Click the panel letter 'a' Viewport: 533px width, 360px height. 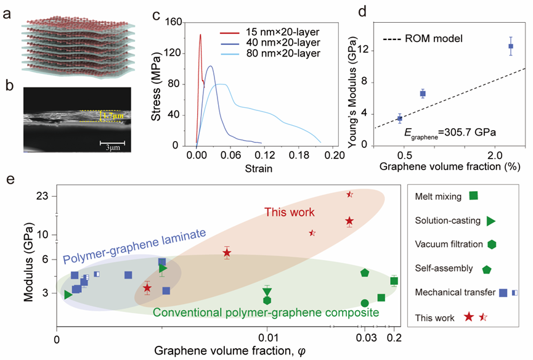click(7, 15)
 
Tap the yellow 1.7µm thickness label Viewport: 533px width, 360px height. click(114, 116)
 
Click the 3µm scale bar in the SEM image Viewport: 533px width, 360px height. click(112, 143)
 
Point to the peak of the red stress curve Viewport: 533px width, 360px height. click(200, 35)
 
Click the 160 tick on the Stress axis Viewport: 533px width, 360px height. click(173, 22)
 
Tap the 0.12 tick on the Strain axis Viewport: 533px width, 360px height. click(264, 155)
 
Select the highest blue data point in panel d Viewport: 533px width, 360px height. click(511, 46)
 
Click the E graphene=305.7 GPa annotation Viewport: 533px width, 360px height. click(450, 133)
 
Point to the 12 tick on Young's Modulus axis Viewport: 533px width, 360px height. click(365, 51)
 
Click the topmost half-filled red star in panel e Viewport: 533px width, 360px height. click(350, 194)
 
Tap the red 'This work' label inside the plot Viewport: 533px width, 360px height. click(289, 212)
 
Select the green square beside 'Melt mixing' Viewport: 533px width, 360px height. click(473, 195)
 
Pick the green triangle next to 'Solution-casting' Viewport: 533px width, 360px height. click(490, 221)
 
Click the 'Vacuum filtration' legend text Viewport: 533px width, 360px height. click(449, 244)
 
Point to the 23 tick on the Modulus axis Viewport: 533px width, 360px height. click(44, 197)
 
